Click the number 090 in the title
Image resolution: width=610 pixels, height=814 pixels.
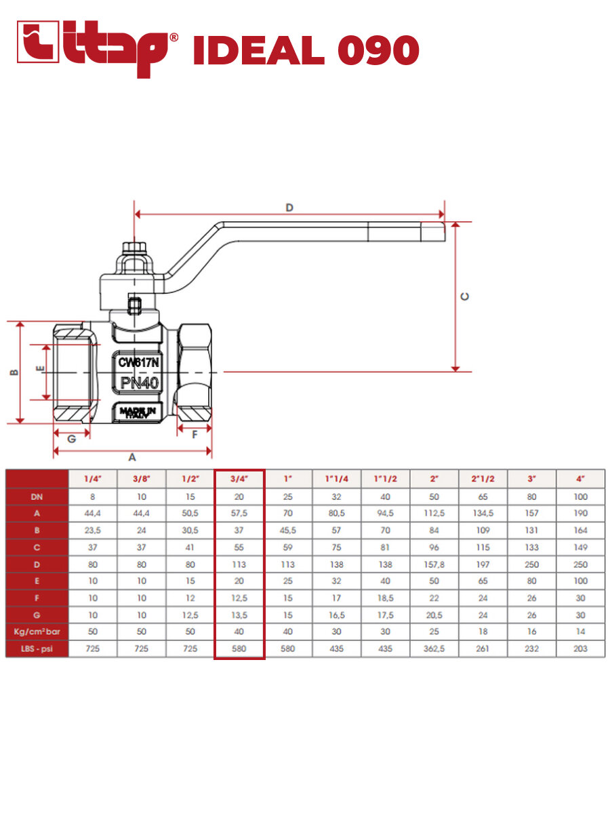pos(375,50)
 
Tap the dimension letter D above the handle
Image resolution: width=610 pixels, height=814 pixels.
pos(289,207)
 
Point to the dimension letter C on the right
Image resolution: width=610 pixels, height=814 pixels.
pos(465,296)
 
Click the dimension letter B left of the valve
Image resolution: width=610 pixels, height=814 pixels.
pos(12,372)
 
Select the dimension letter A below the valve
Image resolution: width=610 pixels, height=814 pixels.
pos(132,457)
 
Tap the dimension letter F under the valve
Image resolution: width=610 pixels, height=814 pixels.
pos(195,434)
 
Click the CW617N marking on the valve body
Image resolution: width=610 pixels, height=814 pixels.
pos(138,363)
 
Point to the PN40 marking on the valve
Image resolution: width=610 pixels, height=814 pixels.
pos(140,383)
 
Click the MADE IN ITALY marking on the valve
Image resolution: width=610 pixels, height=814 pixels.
pos(138,413)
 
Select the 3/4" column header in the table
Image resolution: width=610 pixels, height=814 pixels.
pos(239,478)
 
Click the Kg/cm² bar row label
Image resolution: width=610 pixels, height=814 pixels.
pos(37,632)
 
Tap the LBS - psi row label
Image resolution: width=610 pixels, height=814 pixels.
pos(37,648)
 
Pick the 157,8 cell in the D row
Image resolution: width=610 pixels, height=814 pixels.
pos(434,564)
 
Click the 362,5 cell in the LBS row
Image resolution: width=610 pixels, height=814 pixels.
pos(434,648)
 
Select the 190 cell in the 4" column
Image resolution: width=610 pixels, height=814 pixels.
pos(580,513)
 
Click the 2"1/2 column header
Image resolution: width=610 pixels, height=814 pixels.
pos(483,478)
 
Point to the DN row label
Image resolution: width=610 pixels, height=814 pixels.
pos(37,496)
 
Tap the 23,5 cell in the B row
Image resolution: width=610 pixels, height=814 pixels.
pos(93,530)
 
